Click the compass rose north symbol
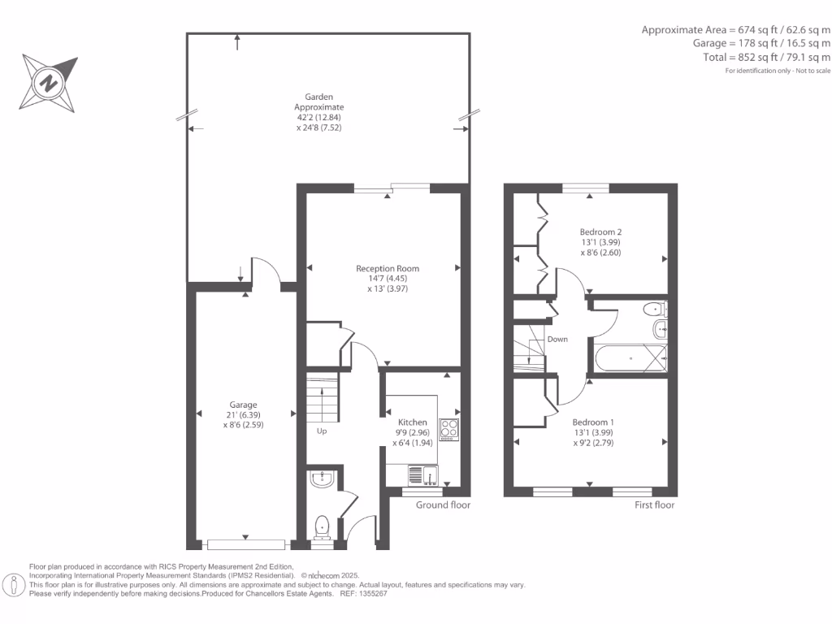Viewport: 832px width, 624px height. click(50, 82)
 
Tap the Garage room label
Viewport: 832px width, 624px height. click(243, 405)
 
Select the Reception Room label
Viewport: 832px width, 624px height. click(388, 268)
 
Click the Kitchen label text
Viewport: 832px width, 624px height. click(412, 422)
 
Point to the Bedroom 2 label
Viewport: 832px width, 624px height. click(601, 232)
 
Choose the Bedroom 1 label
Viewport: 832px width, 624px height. click(593, 422)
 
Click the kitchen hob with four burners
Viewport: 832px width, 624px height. click(448, 429)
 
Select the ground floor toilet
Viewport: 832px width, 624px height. click(322, 526)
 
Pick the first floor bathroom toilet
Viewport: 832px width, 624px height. click(654, 310)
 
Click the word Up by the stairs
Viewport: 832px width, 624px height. click(322, 431)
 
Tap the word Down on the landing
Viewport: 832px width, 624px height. click(557, 339)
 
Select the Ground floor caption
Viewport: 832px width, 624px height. click(443, 505)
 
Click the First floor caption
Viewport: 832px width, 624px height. click(655, 505)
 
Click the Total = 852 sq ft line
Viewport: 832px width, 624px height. click(766, 58)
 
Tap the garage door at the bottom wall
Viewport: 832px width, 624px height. click(246, 543)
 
